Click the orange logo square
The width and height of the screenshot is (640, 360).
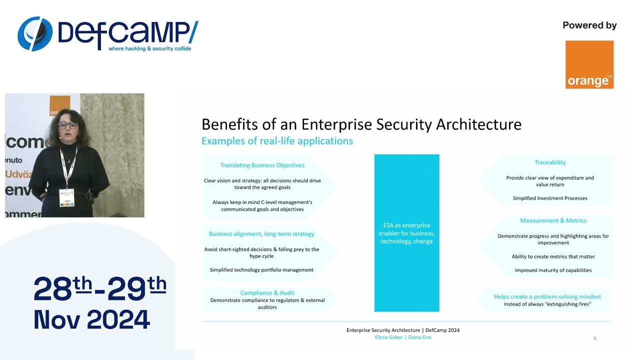[x=589, y=64]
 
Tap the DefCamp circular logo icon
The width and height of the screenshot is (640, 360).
[x=35, y=34]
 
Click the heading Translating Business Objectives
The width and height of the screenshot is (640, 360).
[x=262, y=165]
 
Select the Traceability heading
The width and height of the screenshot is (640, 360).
[x=550, y=162]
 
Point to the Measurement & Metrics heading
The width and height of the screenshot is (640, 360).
[x=553, y=220]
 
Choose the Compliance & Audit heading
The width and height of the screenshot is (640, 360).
[x=267, y=293]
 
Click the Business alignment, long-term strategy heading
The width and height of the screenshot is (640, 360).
[x=261, y=234]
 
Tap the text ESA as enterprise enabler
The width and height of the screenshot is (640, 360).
[x=406, y=233]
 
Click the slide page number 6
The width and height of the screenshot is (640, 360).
[x=594, y=338]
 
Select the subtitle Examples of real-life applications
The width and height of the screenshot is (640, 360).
[x=277, y=141]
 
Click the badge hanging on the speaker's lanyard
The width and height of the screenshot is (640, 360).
[x=66, y=197]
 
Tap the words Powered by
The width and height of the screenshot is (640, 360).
[x=589, y=25]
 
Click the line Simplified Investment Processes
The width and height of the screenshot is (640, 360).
[x=550, y=198]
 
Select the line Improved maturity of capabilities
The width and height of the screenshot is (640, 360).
[x=553, y=270]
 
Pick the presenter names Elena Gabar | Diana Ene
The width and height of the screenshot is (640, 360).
[x=403, y=337]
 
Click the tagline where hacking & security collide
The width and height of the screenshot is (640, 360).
[x=149, y=48]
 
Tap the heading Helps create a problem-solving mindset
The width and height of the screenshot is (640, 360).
[x=547, y=296]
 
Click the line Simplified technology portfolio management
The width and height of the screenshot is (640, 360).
[x=261, y=270]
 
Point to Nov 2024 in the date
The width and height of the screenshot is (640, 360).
[x=92, y=319]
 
